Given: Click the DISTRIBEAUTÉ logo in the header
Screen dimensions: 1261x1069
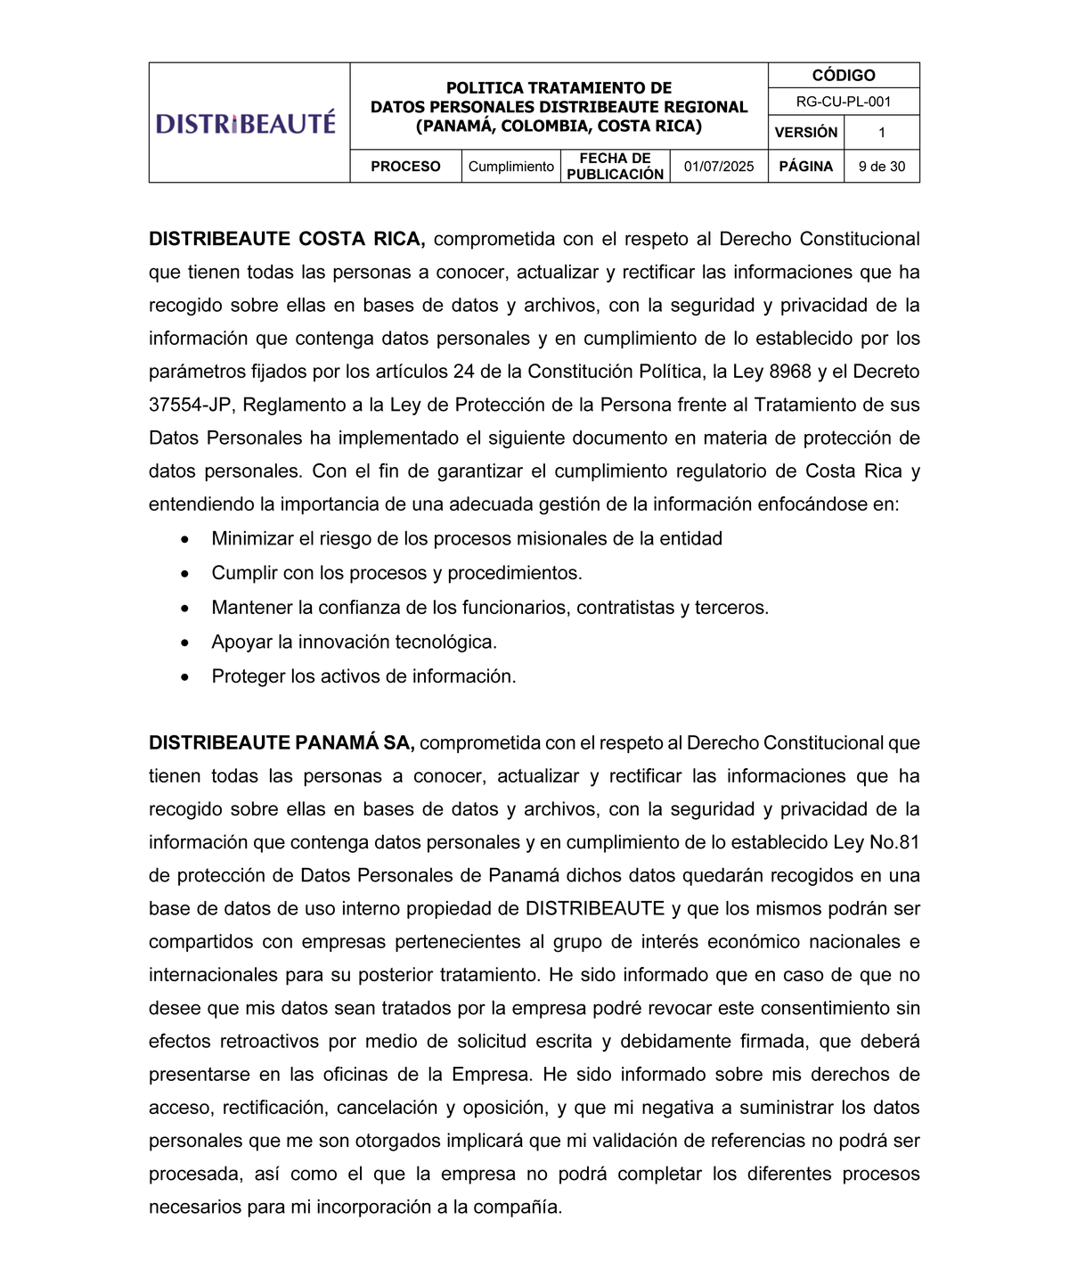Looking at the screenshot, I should tap(246, 123).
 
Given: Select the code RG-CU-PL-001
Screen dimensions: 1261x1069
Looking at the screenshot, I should tap(843, 102).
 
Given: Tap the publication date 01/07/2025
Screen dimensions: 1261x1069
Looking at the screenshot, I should tap(718, 167).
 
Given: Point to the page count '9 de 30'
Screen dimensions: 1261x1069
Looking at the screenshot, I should tap(881, 167).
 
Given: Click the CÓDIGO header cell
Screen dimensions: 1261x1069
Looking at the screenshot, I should tap(843, 76).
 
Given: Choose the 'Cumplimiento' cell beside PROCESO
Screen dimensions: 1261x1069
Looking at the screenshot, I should tap(510, 167).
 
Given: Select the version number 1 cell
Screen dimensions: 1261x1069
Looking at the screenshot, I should tap(881, 133).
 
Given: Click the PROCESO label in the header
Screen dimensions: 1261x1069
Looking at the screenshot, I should tap(405, 167).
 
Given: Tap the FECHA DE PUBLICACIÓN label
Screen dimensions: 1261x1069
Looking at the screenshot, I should tap(615, 167).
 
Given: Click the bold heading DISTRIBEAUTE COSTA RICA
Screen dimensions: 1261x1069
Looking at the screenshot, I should tap(286, 239).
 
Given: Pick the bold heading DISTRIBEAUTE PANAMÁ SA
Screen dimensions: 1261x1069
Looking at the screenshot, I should tap(282, 743).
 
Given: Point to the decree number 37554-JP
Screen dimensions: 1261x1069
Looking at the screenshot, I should tap(191, 405).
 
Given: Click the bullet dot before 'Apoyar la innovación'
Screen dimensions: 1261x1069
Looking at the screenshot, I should tap(184, 643).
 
